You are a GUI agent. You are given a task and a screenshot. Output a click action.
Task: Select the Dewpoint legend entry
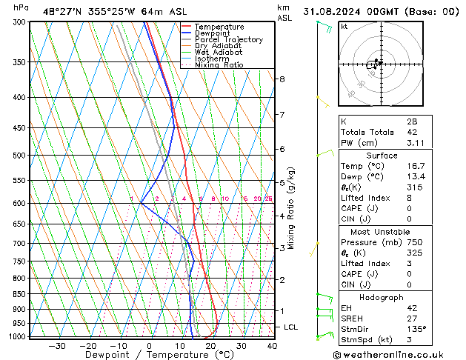214,33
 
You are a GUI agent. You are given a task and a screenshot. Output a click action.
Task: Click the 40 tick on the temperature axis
272,346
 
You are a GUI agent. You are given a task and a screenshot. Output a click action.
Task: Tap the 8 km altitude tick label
282,79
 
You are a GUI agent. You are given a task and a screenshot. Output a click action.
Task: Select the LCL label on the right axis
291,327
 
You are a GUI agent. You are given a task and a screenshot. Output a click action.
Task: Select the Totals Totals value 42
412,132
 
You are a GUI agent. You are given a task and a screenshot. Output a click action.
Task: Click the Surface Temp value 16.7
415,167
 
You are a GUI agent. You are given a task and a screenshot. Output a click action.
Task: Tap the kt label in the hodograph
344,27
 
